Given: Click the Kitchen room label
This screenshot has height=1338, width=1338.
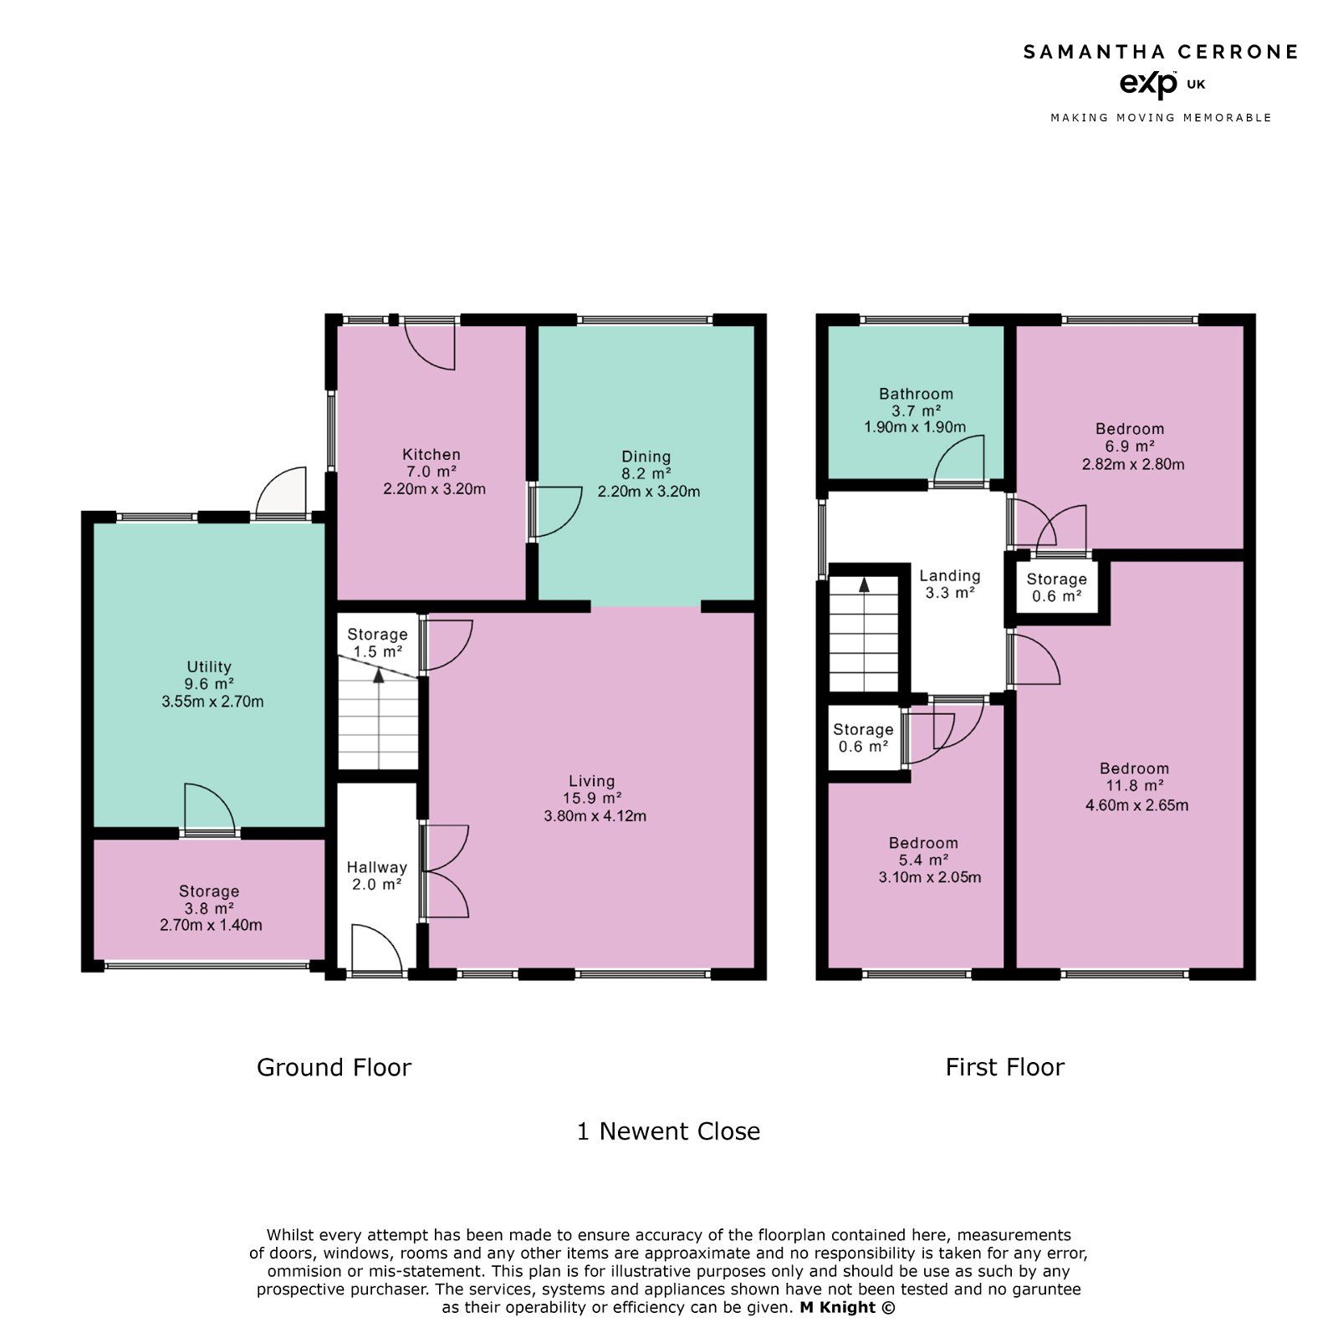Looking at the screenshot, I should (432, 454).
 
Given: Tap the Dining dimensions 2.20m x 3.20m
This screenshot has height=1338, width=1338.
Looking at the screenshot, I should (648, 492).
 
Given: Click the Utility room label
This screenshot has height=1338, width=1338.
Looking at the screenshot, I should (208, 666).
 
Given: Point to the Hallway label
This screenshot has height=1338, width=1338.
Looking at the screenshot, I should (377, 867).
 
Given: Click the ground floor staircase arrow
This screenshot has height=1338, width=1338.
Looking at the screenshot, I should (379, 676).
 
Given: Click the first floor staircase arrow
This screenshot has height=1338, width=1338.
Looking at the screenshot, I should (864, 585).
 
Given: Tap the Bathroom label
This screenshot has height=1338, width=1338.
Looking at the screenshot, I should (916, 393).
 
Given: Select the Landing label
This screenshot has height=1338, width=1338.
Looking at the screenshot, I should (949, 575).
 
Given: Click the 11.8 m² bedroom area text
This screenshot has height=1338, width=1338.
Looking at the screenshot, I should (1135, 786).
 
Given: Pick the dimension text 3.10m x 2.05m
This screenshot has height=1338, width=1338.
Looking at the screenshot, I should (929, 877).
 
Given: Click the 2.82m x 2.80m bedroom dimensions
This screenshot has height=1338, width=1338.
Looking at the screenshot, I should (1133, 464).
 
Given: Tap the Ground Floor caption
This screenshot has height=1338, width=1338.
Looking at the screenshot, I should (334, 1068).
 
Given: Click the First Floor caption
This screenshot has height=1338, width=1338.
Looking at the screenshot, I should (1004, 1068).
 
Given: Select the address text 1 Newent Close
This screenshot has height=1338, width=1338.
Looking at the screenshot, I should (668, 1131).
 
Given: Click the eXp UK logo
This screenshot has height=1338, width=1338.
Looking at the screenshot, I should (1161, 84).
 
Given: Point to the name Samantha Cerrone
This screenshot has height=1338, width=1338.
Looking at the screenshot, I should (1161, 52).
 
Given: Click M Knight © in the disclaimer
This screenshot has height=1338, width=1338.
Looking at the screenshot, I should (846, 1307).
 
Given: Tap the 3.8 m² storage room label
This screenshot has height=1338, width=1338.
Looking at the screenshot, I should (209, 908).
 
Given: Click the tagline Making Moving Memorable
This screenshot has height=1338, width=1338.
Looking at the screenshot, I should (1161, 118).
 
